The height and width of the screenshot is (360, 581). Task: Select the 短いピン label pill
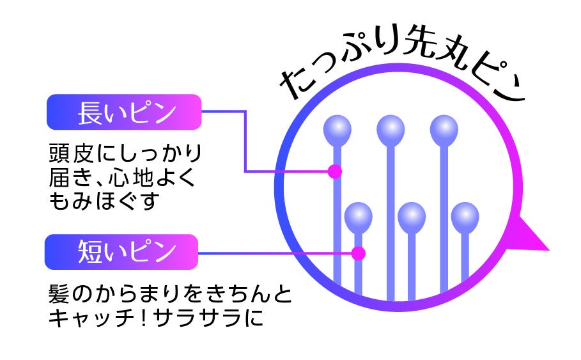[121, 251]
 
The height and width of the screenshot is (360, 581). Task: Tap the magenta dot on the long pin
[334, 171]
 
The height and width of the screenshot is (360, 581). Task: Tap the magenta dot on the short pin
[359, 253]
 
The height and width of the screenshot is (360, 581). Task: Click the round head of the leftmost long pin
[337, 130]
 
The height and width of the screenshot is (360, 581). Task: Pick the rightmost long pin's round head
[444, 130]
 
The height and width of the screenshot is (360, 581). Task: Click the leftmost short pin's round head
[358, 216]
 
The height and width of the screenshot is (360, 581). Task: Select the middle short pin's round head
[411, 216]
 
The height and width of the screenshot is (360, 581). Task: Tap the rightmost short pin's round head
[465, 216]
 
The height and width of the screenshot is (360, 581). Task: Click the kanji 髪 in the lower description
[60, 295]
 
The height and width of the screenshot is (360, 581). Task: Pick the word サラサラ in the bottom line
[205, 318]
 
